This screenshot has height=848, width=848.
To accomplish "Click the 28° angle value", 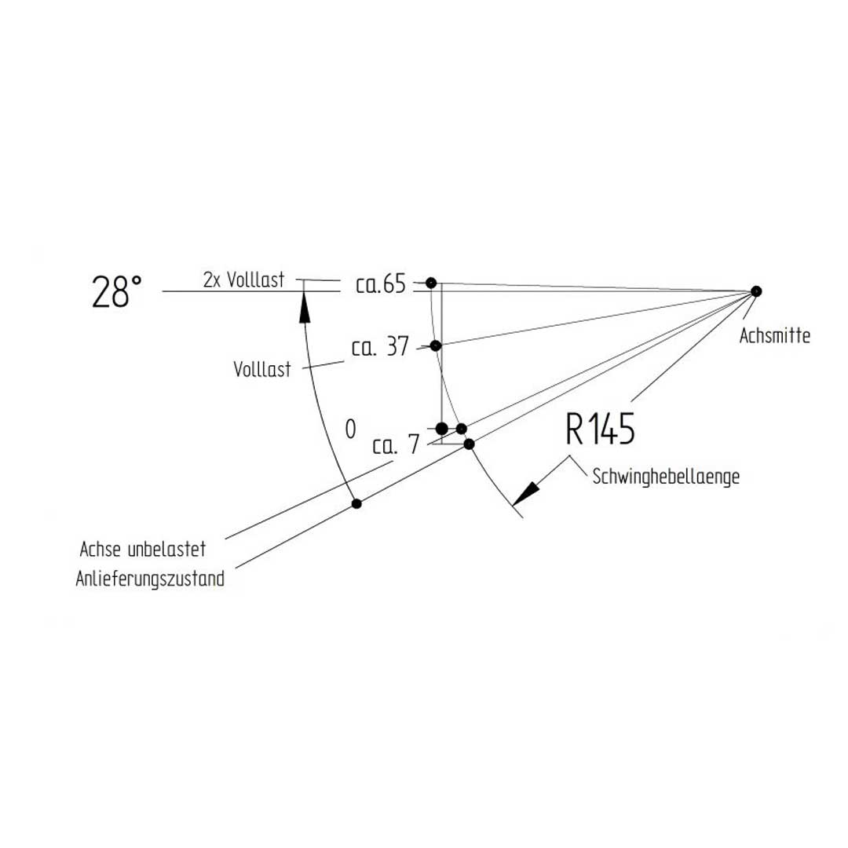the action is (117, 292).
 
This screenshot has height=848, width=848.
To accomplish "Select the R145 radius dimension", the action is (601, 429).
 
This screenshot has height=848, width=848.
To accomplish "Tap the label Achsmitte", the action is (774, 336).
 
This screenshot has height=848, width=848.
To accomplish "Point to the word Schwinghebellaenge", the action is (666, 477).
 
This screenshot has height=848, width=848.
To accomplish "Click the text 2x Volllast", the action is (244, 280).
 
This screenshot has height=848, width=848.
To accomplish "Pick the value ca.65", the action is (381, 284).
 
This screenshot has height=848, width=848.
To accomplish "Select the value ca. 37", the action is (380, 347).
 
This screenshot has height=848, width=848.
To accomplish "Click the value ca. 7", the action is (396, 445).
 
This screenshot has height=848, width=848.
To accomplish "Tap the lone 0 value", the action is (350, 429).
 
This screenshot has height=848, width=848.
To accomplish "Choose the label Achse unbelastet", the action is (143, 549).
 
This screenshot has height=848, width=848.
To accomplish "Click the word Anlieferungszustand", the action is (150, 579).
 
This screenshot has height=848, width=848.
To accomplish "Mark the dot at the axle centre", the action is (756, 291).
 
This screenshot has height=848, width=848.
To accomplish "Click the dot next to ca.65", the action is (431, 283).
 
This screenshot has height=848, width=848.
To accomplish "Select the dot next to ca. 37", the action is (436, 345).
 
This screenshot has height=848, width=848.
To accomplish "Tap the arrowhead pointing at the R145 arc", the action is (525, 494).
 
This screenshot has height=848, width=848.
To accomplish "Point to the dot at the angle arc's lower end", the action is (356, 504).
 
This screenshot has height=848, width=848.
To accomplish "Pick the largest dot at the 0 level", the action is (442, 429).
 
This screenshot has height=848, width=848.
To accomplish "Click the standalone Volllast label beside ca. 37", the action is (262, 369).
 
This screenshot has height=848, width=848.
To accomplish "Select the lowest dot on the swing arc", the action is (470, 444).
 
